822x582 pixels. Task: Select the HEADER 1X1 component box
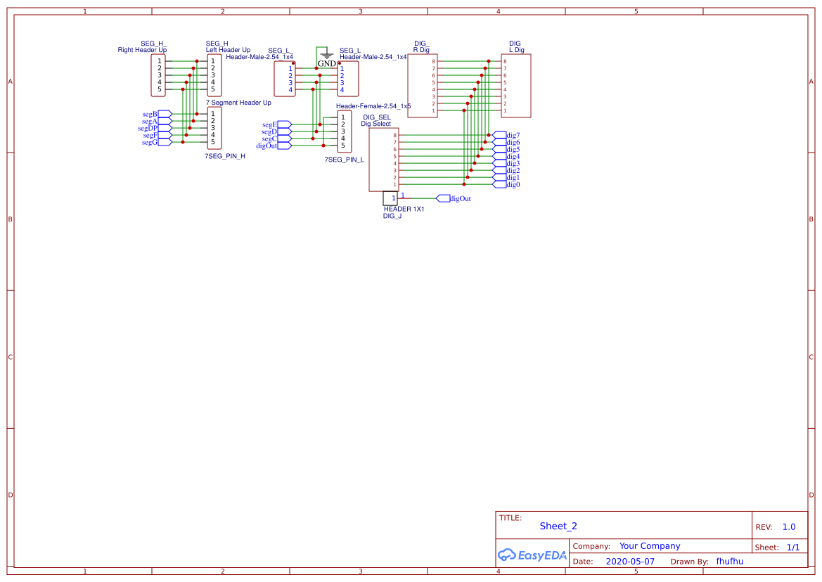tap(390, 198)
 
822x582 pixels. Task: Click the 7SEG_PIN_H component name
tap(225, 156)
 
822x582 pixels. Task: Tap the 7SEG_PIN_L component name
tap(344, 160)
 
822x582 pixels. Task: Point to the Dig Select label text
tap(375, 124)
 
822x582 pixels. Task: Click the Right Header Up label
tap(142, 50)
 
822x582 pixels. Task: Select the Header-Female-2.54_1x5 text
tap(373, 105)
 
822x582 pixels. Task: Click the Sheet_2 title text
tap(558, 526)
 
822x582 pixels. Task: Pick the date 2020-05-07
tap(630, 562)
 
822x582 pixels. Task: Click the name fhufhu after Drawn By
tap(729, 562)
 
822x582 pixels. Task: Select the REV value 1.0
tap(789, 526)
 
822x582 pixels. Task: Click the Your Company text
tap(650, 546)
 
